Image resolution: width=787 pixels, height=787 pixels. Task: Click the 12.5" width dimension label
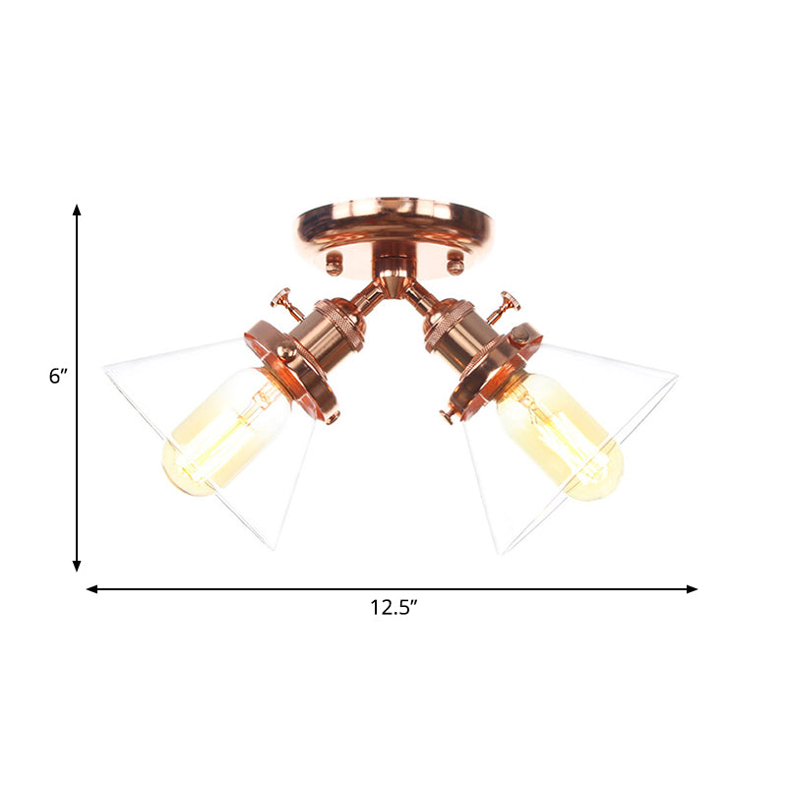pos(394,608)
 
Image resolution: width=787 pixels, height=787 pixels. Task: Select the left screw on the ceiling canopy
pos(334,263)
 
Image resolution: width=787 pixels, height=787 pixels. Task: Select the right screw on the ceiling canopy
pos(454,263)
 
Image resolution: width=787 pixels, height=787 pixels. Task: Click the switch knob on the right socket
pos(509,299)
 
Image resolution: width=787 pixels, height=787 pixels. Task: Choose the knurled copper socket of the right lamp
pos(454,328)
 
